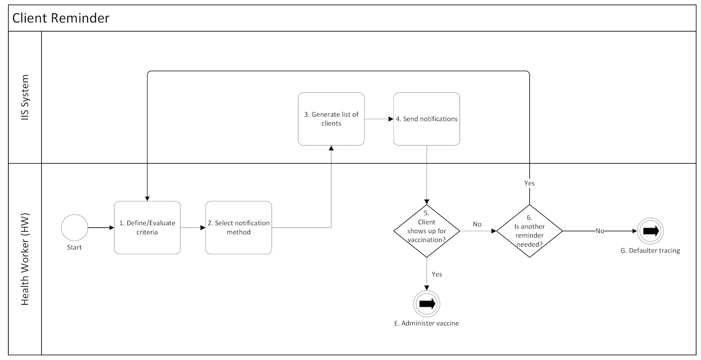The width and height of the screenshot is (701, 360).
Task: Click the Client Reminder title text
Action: tap(61, 18)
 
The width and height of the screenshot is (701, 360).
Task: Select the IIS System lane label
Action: tap(25, 97)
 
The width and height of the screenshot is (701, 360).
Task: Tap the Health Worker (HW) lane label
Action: tap(25, 259)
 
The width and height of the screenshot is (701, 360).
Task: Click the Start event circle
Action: tap(74, 228)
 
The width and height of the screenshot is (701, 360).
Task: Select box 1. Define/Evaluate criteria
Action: tap(147, 227)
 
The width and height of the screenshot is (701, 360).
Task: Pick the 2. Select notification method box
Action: tap(239, 227)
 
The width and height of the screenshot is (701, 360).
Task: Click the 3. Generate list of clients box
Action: tap(331, 119)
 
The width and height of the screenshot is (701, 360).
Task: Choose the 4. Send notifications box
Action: tap(427, 119)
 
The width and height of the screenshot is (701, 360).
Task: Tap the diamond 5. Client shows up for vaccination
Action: tap(427, 230)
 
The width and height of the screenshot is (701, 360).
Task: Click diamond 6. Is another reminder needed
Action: tap(529, 230)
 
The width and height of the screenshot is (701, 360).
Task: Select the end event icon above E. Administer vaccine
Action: tap(427, 304)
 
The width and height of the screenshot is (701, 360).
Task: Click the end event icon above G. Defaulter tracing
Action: tap(650, 231)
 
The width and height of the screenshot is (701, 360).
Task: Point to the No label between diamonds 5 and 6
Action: tap(477, 224)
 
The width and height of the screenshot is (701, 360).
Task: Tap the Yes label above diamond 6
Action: tap(529, 183)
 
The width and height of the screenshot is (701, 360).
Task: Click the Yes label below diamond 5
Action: tap(437, 274)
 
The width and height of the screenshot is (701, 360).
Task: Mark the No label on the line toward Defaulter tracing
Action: tap(600, 231)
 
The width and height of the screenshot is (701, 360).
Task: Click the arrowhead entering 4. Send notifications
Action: tap(391, 119)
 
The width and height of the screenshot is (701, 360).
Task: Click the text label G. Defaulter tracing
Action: tap(650, 250)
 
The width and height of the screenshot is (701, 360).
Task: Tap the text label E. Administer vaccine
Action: tap(427, 323)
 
